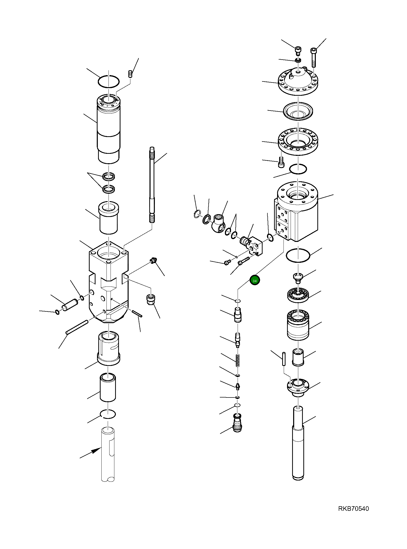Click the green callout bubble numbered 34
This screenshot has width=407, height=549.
point(254,280)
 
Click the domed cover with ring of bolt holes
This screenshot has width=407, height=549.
point(298,81)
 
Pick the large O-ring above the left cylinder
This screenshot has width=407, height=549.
point(108,81)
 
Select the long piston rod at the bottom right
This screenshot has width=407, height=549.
point(298,443)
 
